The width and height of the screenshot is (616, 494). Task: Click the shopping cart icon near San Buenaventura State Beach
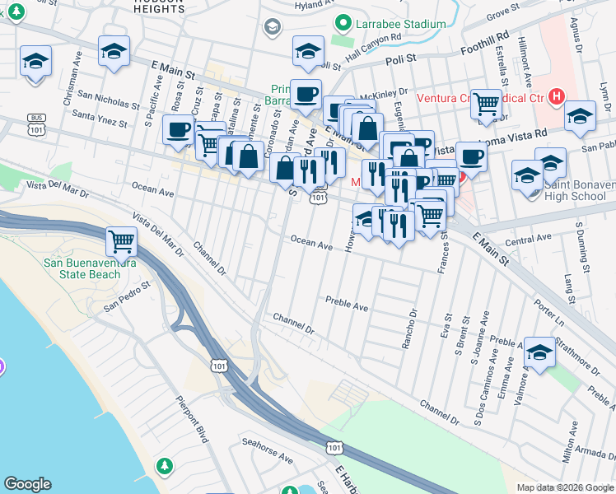coord(121,242)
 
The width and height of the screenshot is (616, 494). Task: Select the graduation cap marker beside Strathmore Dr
coord(539,353)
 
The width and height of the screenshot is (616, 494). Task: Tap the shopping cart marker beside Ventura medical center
coord(487,104)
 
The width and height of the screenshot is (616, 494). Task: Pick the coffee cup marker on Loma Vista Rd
coord(470,156)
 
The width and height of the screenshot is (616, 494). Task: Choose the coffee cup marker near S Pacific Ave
coord(178,129)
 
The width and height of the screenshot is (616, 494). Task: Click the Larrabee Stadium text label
coord(400,24)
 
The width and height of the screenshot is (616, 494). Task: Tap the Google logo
coord(28,484)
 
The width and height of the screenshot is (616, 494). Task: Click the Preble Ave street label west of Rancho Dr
coord(347,304)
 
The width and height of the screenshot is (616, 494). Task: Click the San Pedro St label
coord(127,297)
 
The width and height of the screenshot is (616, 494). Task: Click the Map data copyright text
coord(564,487)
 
